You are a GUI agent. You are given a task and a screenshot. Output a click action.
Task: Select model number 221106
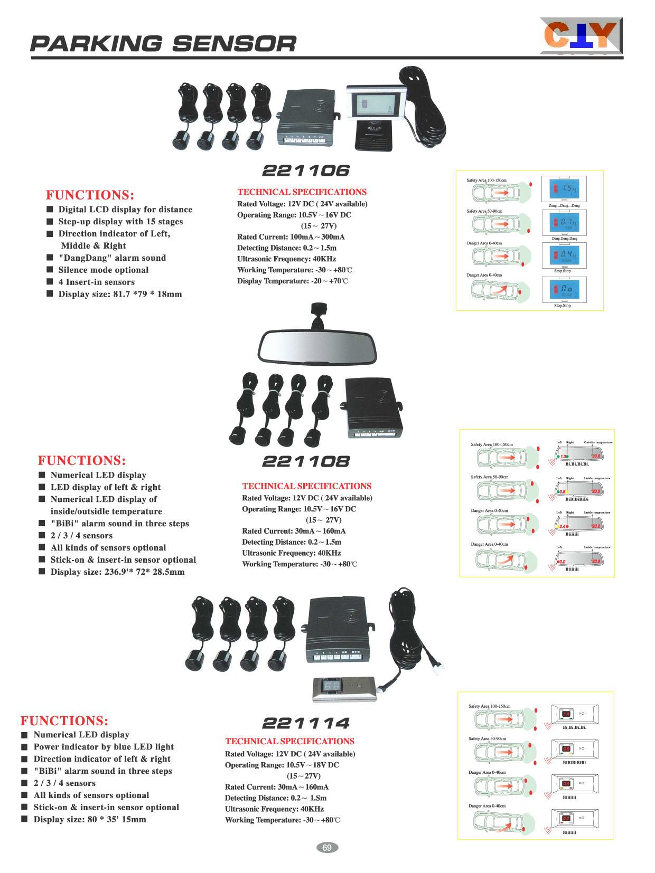pos(306,170)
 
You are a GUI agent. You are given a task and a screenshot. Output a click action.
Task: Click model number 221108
pos(306,462)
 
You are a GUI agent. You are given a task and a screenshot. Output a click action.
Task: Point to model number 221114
pos(306,723)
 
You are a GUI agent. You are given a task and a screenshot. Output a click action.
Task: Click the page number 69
pos(327,848)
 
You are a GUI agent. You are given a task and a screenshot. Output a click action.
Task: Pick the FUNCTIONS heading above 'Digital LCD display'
pos(90,195)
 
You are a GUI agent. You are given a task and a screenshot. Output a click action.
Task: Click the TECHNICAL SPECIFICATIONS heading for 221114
pos(289,741)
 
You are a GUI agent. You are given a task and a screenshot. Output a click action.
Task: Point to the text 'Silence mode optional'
pos(104,270)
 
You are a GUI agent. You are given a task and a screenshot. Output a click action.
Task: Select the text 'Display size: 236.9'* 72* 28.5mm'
pos(117,572)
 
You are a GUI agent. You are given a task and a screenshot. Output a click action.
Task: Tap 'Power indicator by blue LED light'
pos(104,746)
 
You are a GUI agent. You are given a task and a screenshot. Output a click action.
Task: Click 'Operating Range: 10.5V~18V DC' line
pos(282,765)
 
